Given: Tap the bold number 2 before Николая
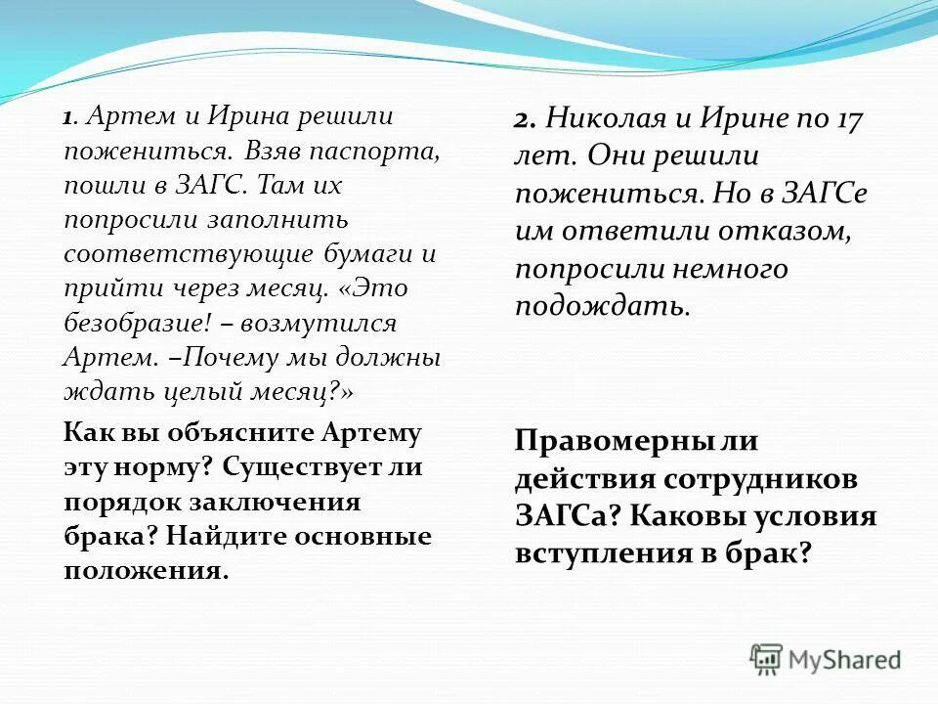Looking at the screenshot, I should (x=523, y=121).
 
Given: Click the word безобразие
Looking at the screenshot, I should (x=126, y=324).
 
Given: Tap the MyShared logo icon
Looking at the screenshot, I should (x=766, y=660).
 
